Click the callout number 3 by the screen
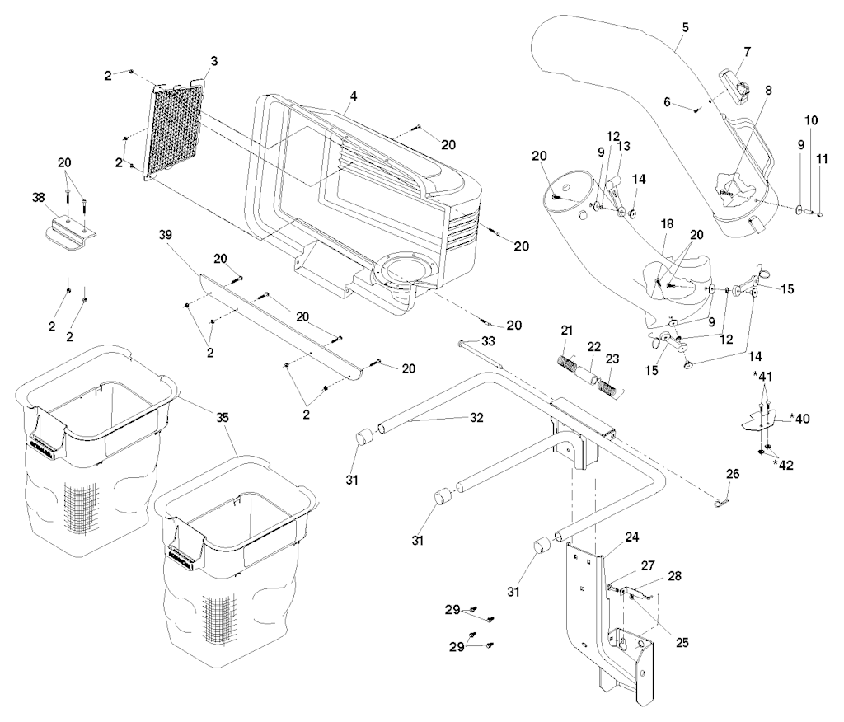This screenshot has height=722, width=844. [x=213, y=61]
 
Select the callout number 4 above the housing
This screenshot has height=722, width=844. [x=353, y=96]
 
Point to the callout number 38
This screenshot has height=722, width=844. [x=39, y=197]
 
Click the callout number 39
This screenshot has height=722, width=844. [x=165, y=235]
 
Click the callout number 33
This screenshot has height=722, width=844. [x=488, y=341]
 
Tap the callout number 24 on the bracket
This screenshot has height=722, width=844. [x=632, y=537]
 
